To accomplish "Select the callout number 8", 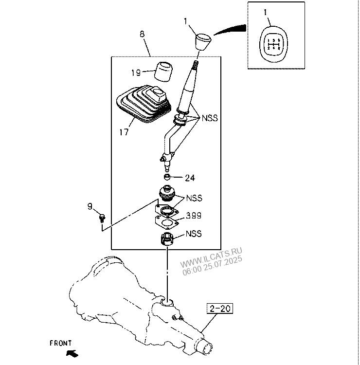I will coord(142,35).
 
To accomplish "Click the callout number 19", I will coord(136,73).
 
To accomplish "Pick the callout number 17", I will coord(124,132).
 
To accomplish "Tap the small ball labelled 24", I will coord(167,177).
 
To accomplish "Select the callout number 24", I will coord(190,178).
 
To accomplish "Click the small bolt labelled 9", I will coord(103,216).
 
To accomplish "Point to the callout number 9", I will coord(90,207).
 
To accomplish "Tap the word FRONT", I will coord(61,343).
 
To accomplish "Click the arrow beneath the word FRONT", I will coord(72,352).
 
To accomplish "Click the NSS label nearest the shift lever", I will coord(210,118).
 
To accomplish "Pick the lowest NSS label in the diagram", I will coord(193,234).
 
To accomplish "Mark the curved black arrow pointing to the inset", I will coord(230,30).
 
